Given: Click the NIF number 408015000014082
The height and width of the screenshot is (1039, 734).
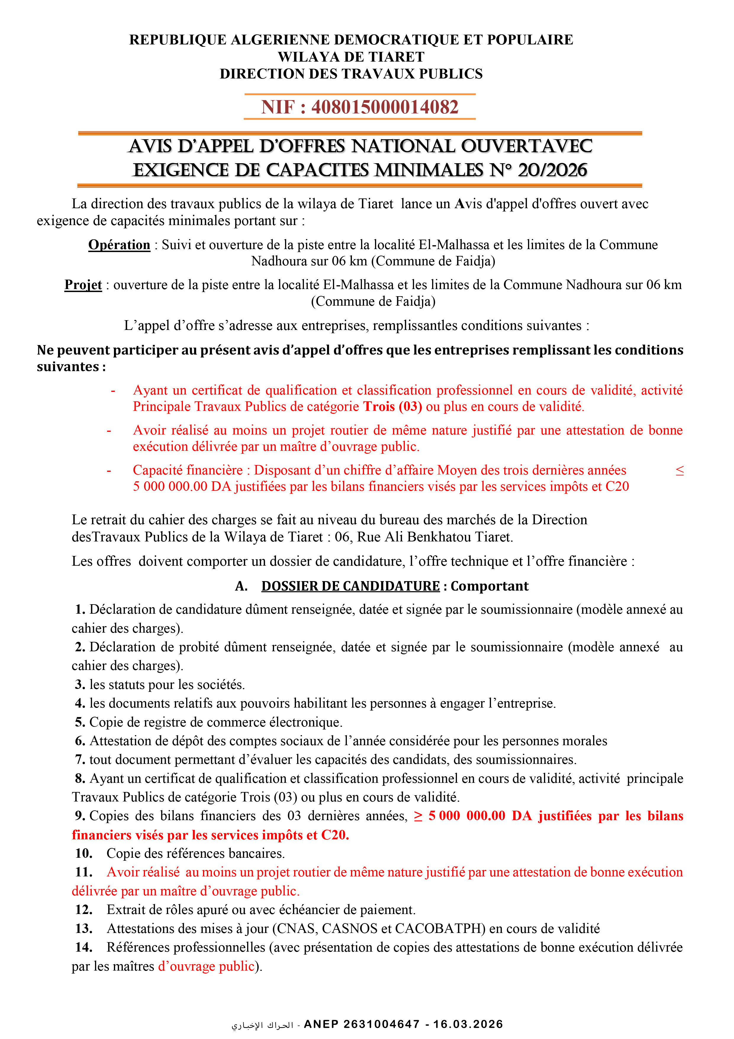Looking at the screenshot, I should click(x=384, y=107).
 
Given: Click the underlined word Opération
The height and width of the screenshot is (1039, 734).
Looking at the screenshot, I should click(x=119, y=245).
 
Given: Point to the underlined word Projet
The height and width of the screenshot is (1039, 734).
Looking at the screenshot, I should click(x=83, y=285).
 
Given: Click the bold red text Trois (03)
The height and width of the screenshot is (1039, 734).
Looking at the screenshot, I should click(x=392, y=406).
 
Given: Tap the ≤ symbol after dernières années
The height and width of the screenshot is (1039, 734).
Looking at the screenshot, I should click(x=679, y=471).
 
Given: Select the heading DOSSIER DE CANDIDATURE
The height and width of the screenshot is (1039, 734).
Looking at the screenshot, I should click(x=350, y=586).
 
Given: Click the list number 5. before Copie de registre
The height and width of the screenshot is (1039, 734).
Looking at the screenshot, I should click(x=80, y=722).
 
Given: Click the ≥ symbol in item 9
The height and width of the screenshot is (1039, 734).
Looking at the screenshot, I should click(x=418, y=816).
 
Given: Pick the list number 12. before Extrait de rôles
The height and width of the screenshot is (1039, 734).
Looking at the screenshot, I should click(x=84, y=910).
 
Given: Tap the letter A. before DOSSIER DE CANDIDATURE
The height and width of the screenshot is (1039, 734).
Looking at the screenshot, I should click(x=241, y=586).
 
